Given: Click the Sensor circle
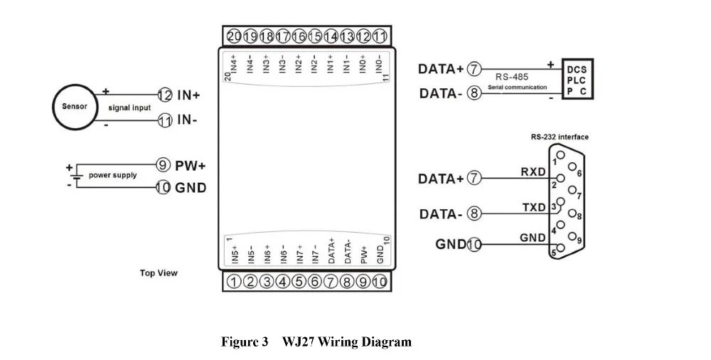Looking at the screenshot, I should point(75,107).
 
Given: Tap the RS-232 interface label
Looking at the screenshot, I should point(560,137).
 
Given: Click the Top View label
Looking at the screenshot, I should point(159,272).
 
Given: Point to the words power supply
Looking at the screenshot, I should point(112,175).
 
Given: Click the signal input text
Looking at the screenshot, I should point(129,107).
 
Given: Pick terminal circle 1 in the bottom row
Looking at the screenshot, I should point(234,282).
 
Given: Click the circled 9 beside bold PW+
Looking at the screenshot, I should point(164,165).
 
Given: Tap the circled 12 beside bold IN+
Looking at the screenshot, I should point(165,95).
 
